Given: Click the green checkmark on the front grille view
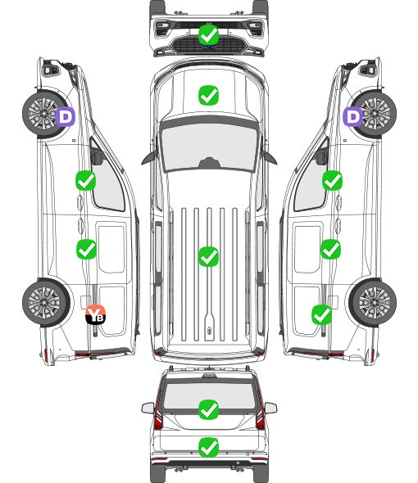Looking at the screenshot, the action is point(209,34).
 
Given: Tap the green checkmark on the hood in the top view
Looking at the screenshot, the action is point(208,95).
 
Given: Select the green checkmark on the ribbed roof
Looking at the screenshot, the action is point(208,256).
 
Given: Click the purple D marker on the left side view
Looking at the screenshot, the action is point(65,116).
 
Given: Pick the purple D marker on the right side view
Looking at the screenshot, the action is point(353,116).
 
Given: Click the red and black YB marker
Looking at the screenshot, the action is point(95,314).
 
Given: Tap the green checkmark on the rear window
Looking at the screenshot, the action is point(208,409).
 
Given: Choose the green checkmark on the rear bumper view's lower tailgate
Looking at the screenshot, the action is point(208,447).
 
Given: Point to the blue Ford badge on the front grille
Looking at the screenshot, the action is point(209,47).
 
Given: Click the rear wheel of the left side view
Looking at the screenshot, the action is point(46,303).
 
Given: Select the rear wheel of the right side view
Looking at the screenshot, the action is point(373,303).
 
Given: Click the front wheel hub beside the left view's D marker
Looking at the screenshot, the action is point(43,113).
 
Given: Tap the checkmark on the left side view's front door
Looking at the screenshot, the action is point(86,180).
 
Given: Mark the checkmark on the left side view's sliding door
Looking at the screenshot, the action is point(86,249).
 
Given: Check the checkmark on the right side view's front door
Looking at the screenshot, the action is point(332,180).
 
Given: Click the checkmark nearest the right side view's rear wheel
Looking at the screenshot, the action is point(322,314).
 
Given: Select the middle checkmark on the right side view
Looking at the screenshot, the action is point(330,249).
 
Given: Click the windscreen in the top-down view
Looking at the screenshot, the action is point(209,147).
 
